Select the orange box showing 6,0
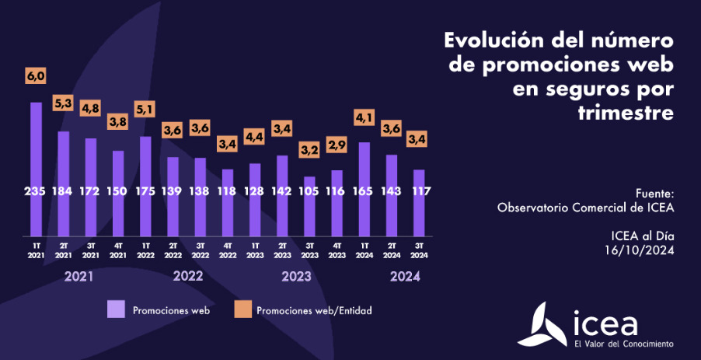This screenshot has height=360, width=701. click(36, 75)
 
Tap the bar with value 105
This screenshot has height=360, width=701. click(309, 206)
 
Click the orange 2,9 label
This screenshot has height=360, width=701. click(337, 145)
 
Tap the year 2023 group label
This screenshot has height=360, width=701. click(296, 276)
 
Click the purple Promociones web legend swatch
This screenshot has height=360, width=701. click(116, 309)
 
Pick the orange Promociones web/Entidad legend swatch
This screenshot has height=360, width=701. click(242, 309)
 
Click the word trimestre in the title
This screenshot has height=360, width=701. click(626, 113)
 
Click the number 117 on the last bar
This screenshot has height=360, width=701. click(419, 191)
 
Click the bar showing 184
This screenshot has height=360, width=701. click(64, 183)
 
